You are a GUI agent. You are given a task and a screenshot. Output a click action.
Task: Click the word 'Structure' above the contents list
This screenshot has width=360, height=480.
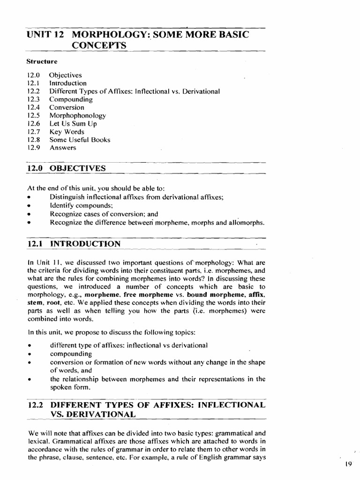pyautogui.click(x=42, y=61)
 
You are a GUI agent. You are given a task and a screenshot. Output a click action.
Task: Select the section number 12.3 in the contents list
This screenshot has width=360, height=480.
pyautogui.click(x=33, y=99)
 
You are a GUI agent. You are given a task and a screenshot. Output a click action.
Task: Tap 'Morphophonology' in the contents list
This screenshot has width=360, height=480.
pyautogui.click(x=77, y=115)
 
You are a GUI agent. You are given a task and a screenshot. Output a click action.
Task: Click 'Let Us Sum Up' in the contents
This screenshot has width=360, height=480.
pyautogui.click(x=73, y=124)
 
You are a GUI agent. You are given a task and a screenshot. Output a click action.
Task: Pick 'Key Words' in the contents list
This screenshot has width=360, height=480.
pyautogui.click(x=67, y=132)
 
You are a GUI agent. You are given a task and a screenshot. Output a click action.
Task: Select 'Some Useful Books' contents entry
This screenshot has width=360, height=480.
pyautogui.click(x=80, y=140)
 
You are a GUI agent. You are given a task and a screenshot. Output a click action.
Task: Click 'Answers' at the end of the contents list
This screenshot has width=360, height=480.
pyautogui.click(x=62, y=148)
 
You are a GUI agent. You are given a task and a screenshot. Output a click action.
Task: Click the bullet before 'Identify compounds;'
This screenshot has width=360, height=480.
pyautogui.click(x=29, y=206)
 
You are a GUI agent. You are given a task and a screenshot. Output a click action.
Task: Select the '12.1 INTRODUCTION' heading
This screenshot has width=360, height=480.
pyautogui.click(x=74, y=244)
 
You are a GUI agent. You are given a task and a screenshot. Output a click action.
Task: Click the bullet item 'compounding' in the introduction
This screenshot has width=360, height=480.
pyautogui.click(x=71, y=353)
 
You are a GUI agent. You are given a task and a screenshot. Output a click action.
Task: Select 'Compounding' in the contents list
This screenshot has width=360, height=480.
pyautogui.click(x=71, y=99)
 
